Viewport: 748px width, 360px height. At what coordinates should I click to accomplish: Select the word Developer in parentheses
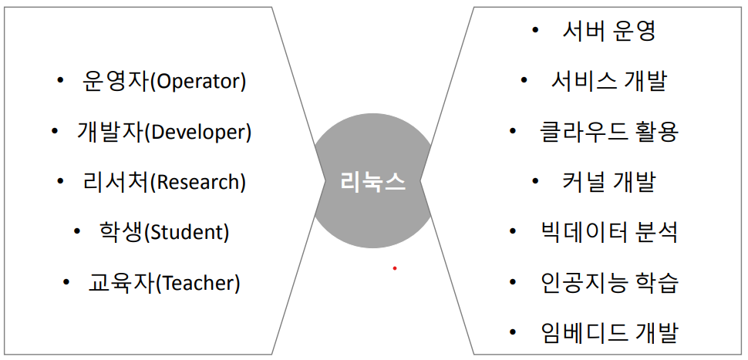pyautogui.click(x=198, y=133)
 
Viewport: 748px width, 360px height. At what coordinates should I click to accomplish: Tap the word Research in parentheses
pyautogui.click(x=198, y=183)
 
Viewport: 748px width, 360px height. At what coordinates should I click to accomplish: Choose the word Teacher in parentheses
pyautogui.click(x=198, y=283)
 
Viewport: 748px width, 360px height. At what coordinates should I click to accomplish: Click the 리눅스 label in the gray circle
pyautogui.click(x=373, y=183)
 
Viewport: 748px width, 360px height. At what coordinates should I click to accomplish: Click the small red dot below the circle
pyautogui.click(x=394, y=268)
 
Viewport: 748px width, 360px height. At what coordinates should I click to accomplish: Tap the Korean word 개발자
pyautogui.click(x=110, y=133)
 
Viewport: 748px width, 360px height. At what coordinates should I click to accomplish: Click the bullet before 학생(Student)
pyautogui.click(x=77, y=231)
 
